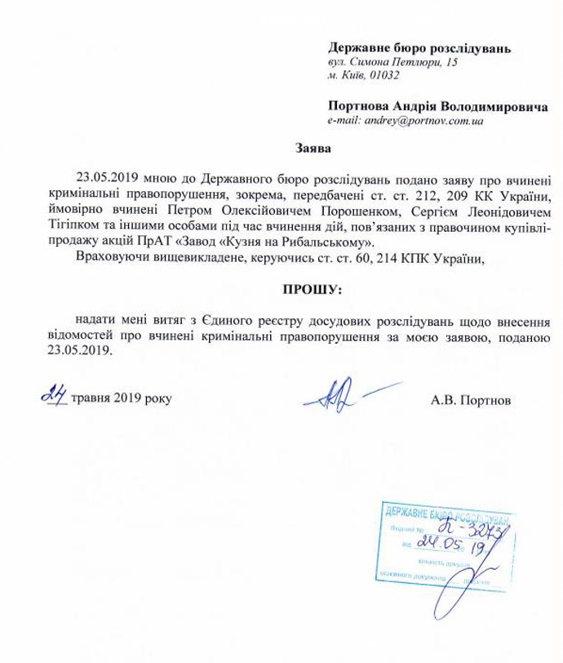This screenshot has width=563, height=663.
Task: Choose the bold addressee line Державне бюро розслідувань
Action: pos(419,48)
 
